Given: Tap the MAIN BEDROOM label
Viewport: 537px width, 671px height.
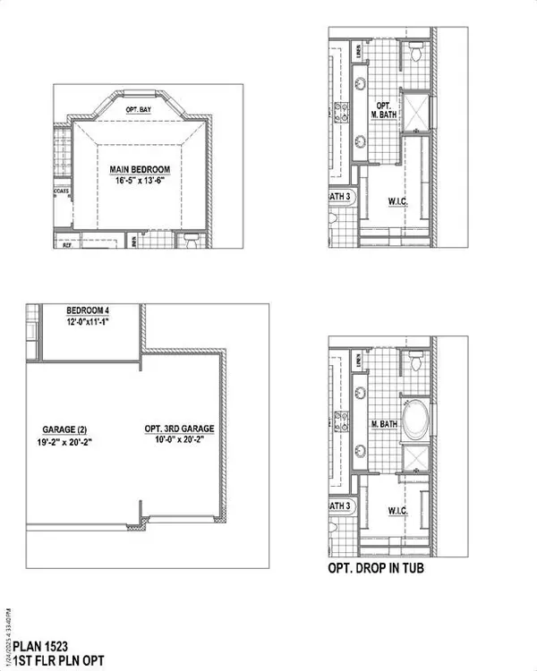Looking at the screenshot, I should [x=140, y=169].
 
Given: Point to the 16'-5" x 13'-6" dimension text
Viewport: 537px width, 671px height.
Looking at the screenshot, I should [x=140, y=181].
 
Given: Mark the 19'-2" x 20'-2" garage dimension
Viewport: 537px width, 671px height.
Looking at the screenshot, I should [x=65, y=440].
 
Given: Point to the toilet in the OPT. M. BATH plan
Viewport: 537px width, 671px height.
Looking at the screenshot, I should [x=413, y=55].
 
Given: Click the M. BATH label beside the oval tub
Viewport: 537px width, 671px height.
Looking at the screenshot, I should [x=385, y=424].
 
